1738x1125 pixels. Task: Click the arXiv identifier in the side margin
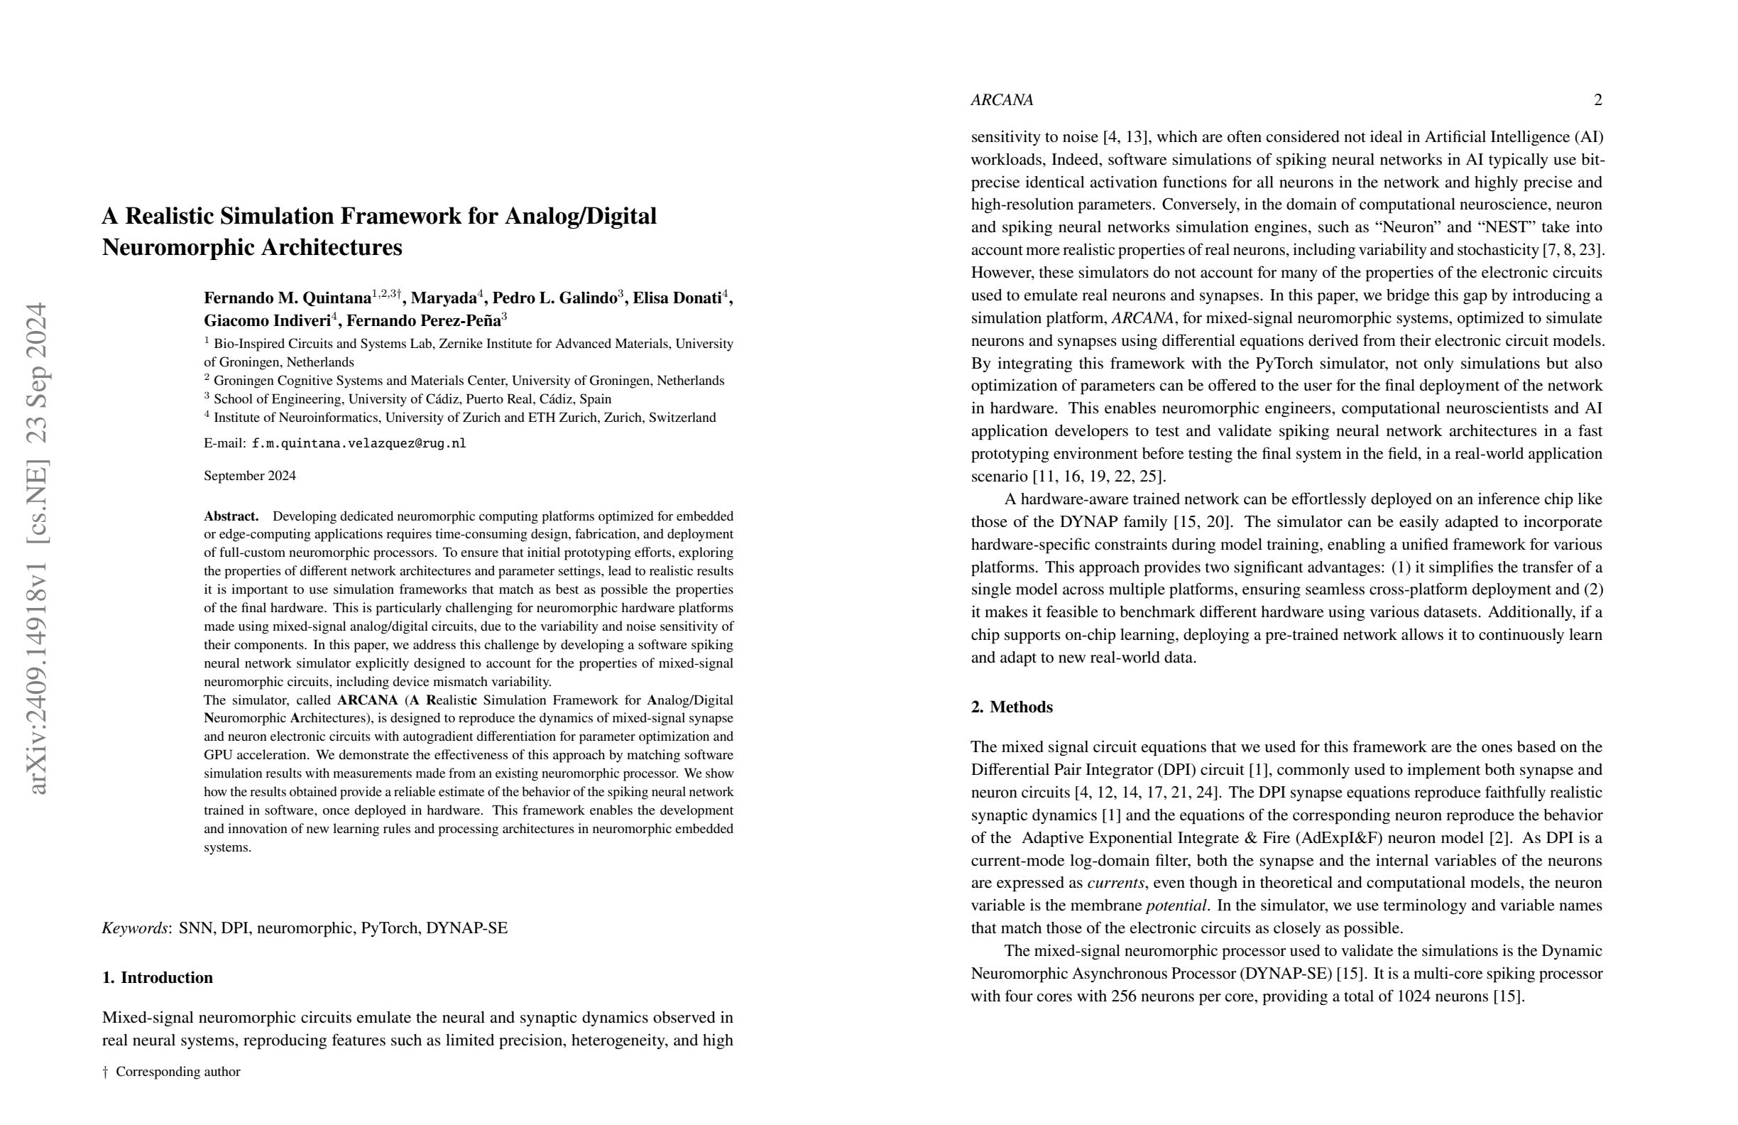(x=36, y=548)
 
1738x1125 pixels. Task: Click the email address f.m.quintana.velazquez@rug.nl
(x=359, y=443)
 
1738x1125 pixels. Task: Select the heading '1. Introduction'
(x=158, y=977)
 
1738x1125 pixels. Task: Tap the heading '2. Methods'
(x=1012, y=707)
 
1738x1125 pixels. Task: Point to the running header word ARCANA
(x=1002, y=100)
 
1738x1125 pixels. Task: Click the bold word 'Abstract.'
(x=231, y=516)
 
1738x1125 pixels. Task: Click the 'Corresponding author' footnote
(x=177, y=1072)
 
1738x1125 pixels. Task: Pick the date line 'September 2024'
(x=250, y=476)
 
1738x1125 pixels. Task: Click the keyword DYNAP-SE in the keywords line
(x=466, y=928)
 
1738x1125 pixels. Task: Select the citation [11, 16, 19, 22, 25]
(x=1098, y=477)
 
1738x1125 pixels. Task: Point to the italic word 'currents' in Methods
(x=1115, y=883)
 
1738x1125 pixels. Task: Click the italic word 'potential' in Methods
(x=1176, y=905)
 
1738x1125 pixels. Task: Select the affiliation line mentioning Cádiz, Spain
(x=412, y=399)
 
